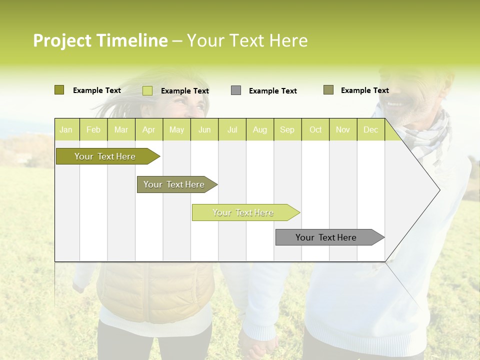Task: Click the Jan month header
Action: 66,130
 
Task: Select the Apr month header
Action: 148,130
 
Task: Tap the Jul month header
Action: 232,130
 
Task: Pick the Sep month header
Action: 287,130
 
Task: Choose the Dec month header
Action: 370,130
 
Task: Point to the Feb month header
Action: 93,130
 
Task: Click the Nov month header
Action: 342,130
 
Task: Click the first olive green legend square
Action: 59,90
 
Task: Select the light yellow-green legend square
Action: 147,90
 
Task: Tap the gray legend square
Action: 236,90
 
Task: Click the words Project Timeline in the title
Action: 100,40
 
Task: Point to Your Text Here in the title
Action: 247,40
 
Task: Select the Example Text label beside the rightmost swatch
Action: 364,90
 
